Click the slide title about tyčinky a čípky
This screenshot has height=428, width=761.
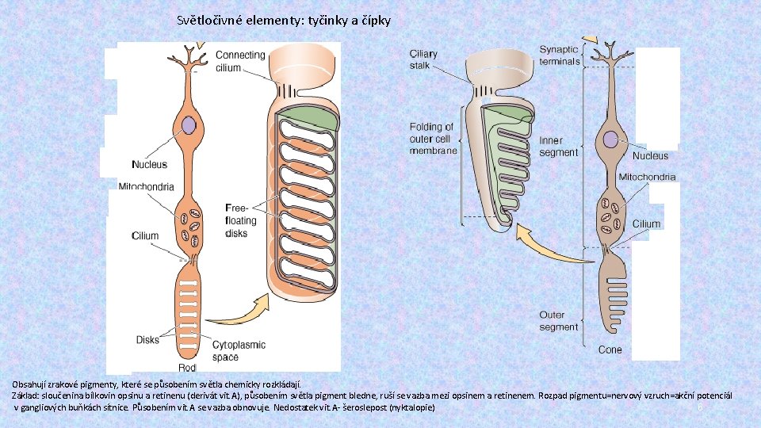[284, 21]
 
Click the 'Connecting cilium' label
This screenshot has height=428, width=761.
[240, 61]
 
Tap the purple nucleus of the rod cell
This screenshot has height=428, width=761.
[188, 125]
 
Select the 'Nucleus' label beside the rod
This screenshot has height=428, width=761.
[149, 164]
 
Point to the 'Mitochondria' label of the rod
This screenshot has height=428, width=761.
[145, 186]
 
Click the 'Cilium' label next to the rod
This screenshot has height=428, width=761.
[145, 235]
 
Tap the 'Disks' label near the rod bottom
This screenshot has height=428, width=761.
[147, 340]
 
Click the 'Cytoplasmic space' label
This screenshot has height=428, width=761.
[239, 351]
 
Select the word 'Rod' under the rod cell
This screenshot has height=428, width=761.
[187, 368]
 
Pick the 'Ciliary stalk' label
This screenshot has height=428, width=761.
[423, 59]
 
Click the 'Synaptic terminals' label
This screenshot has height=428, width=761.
[560, 55]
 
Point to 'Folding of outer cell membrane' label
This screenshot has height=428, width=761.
[432, 139]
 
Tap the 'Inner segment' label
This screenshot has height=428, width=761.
[558, 147]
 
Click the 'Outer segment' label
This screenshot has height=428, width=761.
[558, 321]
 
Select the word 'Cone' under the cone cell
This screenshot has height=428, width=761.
[610, 350]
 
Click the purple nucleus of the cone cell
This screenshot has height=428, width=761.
[610, 139]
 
